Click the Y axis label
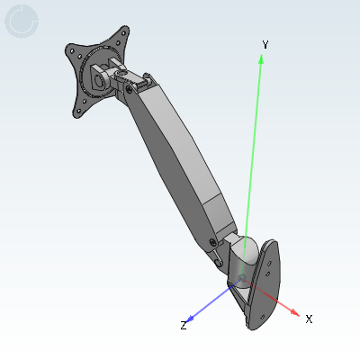(x=265, y=45)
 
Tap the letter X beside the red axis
(x=309, y=319)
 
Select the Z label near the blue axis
(x=184, y=325)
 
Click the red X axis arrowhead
(x=295, y=312)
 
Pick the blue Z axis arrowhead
(x=190, y=319)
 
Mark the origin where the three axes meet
(x=242, y=278)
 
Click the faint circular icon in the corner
(x=22, y=22)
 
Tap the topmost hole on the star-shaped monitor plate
(x=124, y=32)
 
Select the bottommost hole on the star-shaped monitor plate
(x=79, y=112)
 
